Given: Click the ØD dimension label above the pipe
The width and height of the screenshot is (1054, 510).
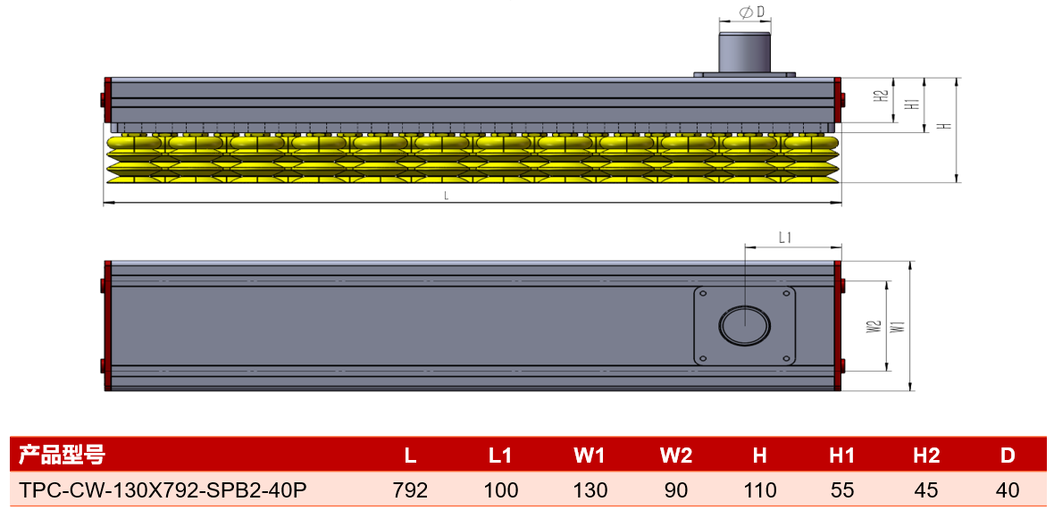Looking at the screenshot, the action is (745, 13).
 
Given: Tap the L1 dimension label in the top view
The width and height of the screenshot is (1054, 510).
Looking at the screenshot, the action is (784, 238).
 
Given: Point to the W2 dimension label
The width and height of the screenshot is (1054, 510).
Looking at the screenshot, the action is (874, 328).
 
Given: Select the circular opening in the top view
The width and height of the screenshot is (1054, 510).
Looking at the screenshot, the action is (744, 324).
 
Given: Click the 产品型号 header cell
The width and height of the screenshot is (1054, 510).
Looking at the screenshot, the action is (61, 455).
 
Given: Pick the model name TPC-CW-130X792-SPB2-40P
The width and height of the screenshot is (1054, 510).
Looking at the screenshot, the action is (163, 489).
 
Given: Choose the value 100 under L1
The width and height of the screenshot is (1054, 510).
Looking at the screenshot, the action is (501, 489).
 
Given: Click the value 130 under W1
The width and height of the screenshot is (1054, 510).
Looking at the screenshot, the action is (590, 489).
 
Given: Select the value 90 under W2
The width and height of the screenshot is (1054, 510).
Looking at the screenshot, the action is (675, 489).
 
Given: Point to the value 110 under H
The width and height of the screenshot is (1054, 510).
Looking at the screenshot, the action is (759, 489).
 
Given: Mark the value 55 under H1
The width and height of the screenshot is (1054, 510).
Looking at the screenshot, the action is (842, 489).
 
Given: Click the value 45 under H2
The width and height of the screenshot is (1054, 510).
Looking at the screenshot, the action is (925, 489).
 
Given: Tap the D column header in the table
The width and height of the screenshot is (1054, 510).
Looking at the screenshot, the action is (1007, 456).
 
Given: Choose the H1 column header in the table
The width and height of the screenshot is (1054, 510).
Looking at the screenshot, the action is (842, 456).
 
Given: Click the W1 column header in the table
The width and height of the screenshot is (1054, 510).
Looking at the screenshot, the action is (590, 456).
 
